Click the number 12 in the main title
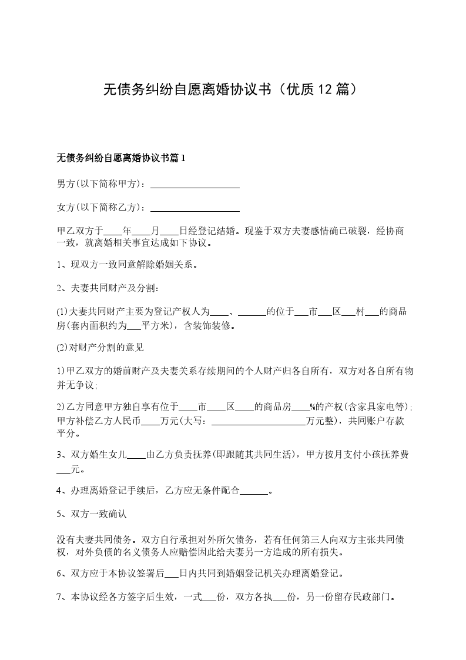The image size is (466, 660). click(325, 89)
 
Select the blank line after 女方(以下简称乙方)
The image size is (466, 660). click(195, 208)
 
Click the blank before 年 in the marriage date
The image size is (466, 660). click(113, 230)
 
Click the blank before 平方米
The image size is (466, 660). click(134, 324)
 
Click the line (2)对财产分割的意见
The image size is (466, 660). click(100, 348)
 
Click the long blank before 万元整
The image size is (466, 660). click(259, 421)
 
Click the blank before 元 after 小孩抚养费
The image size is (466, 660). click(63, 470)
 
